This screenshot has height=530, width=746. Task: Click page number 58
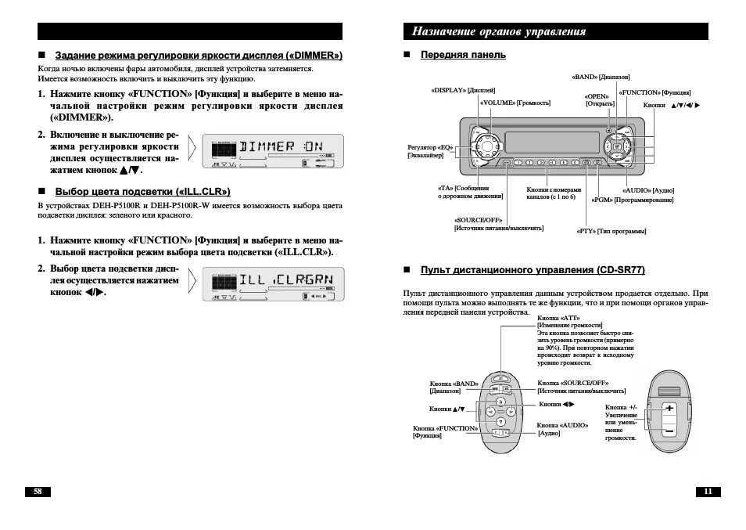[x=37, y=492]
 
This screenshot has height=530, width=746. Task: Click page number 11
[x=707, y=492]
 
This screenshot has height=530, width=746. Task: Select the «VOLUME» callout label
[x=515, y=103]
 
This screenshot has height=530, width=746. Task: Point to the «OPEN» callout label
[x=600, y=99]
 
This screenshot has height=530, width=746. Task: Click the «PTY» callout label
[x=612, y=231]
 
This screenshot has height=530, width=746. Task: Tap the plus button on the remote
[x=669, y=409]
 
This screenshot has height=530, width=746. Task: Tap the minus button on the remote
[x=669, y=431]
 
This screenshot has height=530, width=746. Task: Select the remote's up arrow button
[x=500, y=401]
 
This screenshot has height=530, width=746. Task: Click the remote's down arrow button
[x=500, y=422]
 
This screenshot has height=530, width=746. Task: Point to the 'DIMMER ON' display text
[x=281, y=147]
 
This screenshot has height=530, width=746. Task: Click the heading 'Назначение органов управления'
[x=499, y=32]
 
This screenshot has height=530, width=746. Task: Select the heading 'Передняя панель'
[x=463, y=55]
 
